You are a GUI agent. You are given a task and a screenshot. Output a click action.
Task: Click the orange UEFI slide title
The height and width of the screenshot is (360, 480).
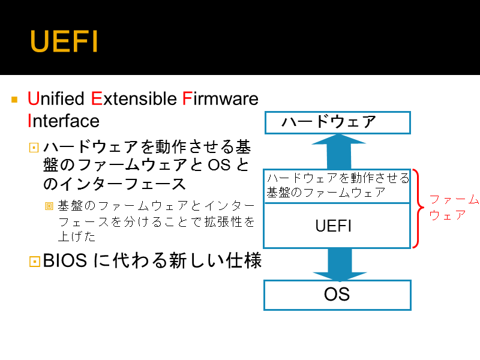click(x=64, y=41)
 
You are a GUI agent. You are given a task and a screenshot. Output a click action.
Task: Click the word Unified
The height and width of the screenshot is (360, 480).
click(x=56, y=98)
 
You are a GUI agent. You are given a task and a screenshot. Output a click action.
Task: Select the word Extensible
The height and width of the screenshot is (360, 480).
click(x=134, y=98)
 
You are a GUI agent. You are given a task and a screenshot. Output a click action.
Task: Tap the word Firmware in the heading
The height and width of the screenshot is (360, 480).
click(x=220, y=98)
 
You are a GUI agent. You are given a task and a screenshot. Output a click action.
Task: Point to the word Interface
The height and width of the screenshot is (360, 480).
click(x=64, y=121)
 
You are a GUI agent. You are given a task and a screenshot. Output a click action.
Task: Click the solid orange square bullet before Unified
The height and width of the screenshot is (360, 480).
click(x=14, y=100)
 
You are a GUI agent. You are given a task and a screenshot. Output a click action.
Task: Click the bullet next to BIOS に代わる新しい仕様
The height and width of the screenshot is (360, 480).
click(x=35, y=262)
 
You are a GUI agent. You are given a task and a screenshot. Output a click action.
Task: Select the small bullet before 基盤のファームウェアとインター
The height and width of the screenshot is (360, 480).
click(x=49, y=206)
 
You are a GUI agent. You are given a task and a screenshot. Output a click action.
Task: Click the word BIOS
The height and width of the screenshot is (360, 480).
click(x=65, y=260)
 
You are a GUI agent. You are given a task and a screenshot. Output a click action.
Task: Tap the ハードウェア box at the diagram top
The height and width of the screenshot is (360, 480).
click(x=337, y=122)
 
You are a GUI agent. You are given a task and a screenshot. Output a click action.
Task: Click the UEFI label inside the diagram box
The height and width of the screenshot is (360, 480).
click(x=334, y=226)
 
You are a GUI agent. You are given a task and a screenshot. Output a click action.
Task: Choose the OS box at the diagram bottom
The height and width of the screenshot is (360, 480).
click(x=337, y=295)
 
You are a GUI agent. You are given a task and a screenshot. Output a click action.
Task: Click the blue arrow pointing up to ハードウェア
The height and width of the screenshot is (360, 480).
click(x=339, y=152)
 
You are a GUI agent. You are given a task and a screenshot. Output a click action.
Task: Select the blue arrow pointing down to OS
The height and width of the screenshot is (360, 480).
click(x=340, y=265)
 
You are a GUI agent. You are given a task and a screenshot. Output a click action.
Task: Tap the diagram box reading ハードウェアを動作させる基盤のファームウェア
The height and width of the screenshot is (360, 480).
click(x=337, y=186)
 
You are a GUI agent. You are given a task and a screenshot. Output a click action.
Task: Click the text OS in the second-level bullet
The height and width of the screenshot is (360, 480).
click(x=219, y=165)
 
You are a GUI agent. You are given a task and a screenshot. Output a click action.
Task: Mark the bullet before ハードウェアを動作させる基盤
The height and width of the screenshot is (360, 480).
click(x=34, y=148)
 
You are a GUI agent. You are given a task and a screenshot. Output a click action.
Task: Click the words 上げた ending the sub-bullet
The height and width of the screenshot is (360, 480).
click(x=77, y=236)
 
